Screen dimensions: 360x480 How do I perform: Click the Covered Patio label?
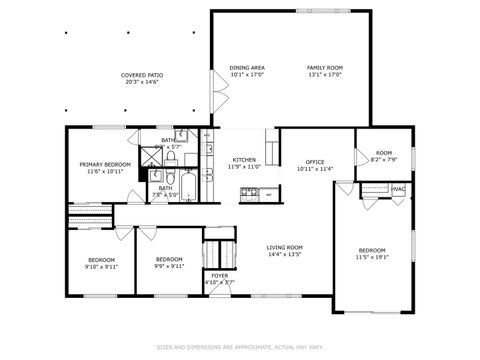pos(142,75)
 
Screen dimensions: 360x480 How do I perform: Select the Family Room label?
pos(324,68)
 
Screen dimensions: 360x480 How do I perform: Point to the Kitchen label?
pos(244,160)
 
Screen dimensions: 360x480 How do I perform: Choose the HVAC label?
pos(398,189)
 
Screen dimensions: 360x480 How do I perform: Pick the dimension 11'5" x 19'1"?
pos(372,256)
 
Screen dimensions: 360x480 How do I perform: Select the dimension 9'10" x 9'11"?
pos(102,267)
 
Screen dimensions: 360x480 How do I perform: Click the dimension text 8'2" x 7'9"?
pos(384,160)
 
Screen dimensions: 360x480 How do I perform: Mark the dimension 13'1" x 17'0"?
pos(324,74)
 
